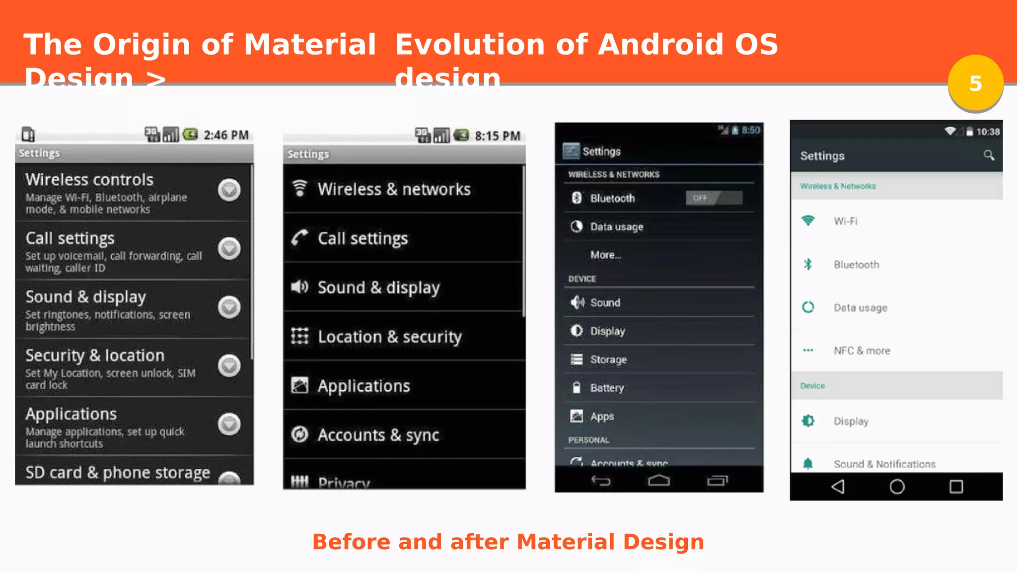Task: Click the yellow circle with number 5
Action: pyautogui.click(x=975, y=83)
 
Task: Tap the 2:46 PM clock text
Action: pyautogui.click(x=226, y=135)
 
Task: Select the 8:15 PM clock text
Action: pyautogui.click(x=497, y=136)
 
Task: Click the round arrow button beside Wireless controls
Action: pyautogui.click(x=229, y=190)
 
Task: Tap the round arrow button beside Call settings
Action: pyautogui.click(x=229, y=248)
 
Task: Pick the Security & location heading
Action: pyautogui.click(x=95, y=356)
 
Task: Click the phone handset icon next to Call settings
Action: pyautogui.click(x=299, y=238)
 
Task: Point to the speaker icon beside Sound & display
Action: pyautogui.click(x=299, y=287)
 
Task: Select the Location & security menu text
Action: pyautogui.click(x=390, y=337)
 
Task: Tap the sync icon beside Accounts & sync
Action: pyautogui.click(x=299, y=434)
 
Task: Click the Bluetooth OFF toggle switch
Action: pyautogui.click(x=714, y=198)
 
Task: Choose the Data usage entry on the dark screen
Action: pyautogui.click(x=616, y=227)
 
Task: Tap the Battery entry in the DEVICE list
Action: pyautogui.click(x=607, y=388)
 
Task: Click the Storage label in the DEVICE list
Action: pyautogui.click(x=608, y=359)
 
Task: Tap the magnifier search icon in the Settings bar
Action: pyautogui.click(x=989, y=156)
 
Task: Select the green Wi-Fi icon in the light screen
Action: pyautogui.click(x=808, y=221)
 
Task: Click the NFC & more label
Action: pyautogui.click(x=862, y=351)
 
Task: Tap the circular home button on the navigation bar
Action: pyautogui.click(x=897, y=487)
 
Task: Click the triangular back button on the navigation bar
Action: pyautogui.click(x=838, y=487)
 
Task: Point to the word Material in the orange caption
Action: pyautogui.click(x=565, y=542)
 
